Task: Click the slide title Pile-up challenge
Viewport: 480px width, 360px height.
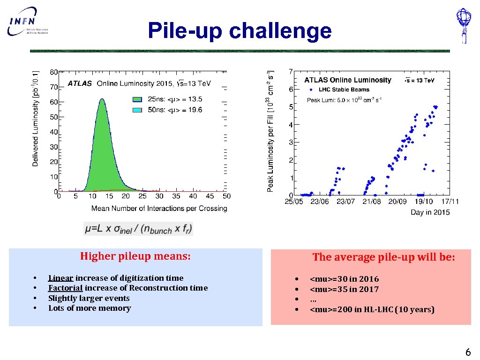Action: [x=240, y=31]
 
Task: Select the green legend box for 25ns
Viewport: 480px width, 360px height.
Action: [x=137, y=99]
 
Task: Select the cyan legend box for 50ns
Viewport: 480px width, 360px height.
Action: [x=137, y=110]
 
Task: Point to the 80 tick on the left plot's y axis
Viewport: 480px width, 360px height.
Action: [x=54, y=72]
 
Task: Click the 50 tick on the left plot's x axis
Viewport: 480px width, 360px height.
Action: [x=226, y=196]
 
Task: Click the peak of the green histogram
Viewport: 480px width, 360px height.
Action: [x=101, y=100]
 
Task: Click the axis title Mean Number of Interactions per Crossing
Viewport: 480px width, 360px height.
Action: [x=159, y=208]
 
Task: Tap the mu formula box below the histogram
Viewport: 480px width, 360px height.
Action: [x=138, y=229]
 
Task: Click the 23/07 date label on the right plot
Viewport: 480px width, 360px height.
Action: [x=346, y=201]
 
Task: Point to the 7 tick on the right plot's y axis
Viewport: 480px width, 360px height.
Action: [x=291, y=71]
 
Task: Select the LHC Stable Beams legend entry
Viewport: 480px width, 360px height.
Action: [x=341, y=90]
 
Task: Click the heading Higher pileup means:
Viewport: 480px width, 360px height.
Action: [x=135, y=256]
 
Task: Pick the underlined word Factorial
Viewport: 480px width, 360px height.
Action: [x=65, y=288]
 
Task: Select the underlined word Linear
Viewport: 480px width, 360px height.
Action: [x=60, y=278]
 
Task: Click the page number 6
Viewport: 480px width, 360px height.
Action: [x=467, y=352]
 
